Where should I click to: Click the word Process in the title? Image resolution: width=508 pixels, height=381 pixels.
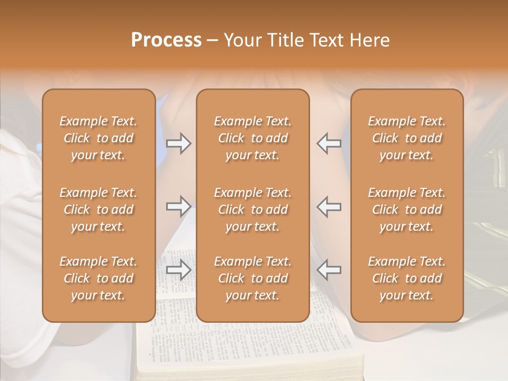[166, 40]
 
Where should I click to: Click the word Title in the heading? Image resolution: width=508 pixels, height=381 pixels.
[286, 40]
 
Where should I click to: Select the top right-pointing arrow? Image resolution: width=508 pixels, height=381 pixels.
[179, 143]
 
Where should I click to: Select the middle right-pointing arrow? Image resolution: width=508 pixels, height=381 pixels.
[179, 206]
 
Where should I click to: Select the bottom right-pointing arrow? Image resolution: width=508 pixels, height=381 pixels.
[179, 270]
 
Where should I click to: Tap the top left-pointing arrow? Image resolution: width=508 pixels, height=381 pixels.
[329, 143]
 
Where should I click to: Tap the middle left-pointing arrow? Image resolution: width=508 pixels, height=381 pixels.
[329, 206]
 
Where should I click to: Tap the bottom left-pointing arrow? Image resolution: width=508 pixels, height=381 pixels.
[329, 270]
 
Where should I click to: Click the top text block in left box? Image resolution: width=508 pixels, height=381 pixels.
[98, 138]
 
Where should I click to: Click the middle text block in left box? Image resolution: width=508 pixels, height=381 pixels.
[98, 210]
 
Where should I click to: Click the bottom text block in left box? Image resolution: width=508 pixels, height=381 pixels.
[98, 278]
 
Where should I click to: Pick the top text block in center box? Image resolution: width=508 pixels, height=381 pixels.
[252, 138]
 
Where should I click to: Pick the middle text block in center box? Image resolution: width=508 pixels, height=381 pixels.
[252, 210]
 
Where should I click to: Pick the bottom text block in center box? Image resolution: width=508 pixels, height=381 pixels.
[252, 278]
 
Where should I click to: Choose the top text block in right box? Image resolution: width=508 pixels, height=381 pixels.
[406, 138]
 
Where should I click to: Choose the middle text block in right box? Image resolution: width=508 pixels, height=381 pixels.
[406, 210]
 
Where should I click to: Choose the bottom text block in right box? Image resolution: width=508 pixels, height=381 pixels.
[406, 278]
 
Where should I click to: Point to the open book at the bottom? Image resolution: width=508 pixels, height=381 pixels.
[249, 344]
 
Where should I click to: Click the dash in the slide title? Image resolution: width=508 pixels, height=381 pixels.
[213, 41]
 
